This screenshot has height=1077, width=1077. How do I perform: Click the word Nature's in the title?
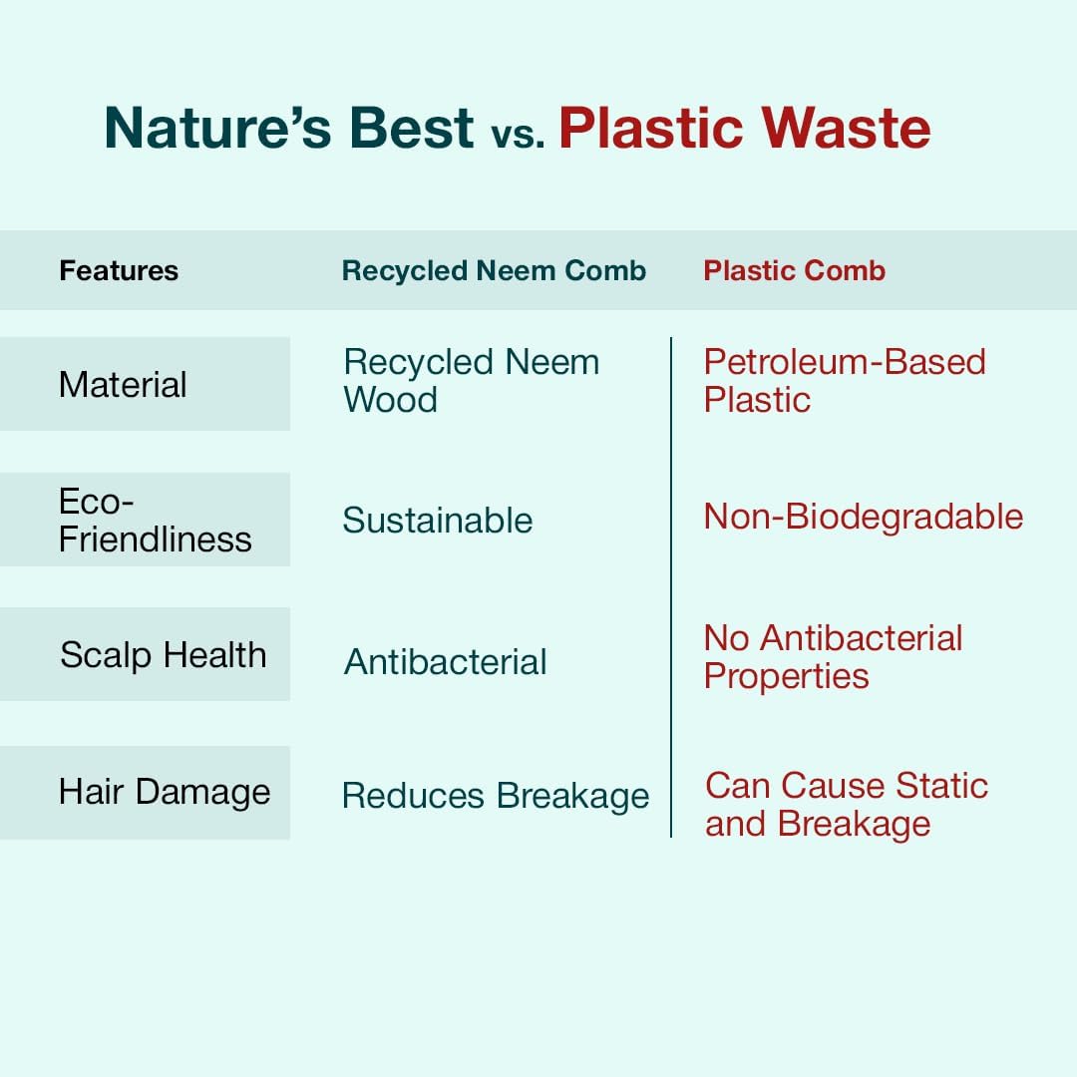[218, 128]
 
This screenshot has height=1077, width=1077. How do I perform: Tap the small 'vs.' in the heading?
[518, 134]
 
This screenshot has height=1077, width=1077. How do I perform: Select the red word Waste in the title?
[846, 128]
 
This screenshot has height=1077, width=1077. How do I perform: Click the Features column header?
[119, 270]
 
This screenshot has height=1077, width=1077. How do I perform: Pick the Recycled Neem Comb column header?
[494, 270]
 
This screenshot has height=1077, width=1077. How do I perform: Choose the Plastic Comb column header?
[795, 270]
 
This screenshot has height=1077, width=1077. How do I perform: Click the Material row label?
[123, 384]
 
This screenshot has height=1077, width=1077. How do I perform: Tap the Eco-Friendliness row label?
[156, 520]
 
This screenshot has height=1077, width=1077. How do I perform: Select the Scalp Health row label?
[163, 654]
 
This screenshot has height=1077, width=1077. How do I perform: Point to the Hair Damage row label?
[165, 791]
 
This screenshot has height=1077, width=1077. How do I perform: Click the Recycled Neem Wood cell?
[471, 381]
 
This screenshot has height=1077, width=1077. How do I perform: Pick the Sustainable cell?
[438, 520]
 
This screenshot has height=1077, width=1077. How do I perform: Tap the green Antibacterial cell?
[445, 662]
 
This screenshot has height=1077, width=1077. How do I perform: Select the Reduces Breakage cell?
[496, 796]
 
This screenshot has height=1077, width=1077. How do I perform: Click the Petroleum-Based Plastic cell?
[845, 381]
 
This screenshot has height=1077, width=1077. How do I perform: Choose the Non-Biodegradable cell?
[864, 517]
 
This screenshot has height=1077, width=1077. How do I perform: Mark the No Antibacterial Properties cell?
[833, 656]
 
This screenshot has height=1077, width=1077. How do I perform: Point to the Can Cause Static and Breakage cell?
[847, 805]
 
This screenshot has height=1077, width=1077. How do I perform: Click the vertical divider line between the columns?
[671, 587]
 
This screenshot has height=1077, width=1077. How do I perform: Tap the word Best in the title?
[412, 128]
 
